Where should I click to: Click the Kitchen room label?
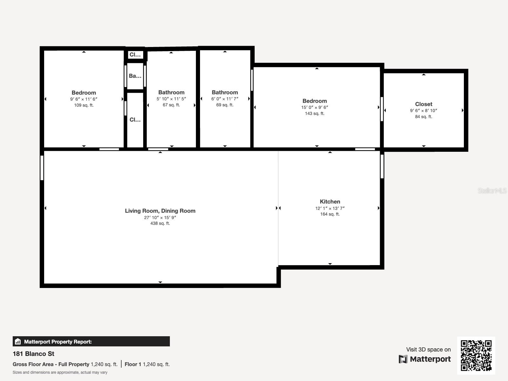(330, 202)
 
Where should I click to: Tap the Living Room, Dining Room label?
(160, 211)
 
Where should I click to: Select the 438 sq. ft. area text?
(160, 223)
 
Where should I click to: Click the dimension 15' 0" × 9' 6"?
(314, 107)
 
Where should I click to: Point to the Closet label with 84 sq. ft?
(424, 104)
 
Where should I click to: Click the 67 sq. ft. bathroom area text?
(171, 105)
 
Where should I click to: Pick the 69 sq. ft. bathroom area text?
(225, 105)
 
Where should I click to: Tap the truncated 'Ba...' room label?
(135, 76)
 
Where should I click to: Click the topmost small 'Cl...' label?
(135, 55)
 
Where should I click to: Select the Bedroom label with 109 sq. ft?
(84, 93)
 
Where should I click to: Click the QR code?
(476, 355)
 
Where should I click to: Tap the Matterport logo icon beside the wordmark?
(403, 359)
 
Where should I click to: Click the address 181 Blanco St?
(33, 354)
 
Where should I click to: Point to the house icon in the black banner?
(18, 342)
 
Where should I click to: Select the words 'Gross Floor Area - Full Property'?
(51, 364)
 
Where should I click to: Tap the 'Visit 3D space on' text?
(428, 349)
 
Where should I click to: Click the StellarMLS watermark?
(492, 190)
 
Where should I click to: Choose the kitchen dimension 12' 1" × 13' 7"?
(330, 208)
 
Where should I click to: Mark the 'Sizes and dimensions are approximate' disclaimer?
(60, 372)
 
